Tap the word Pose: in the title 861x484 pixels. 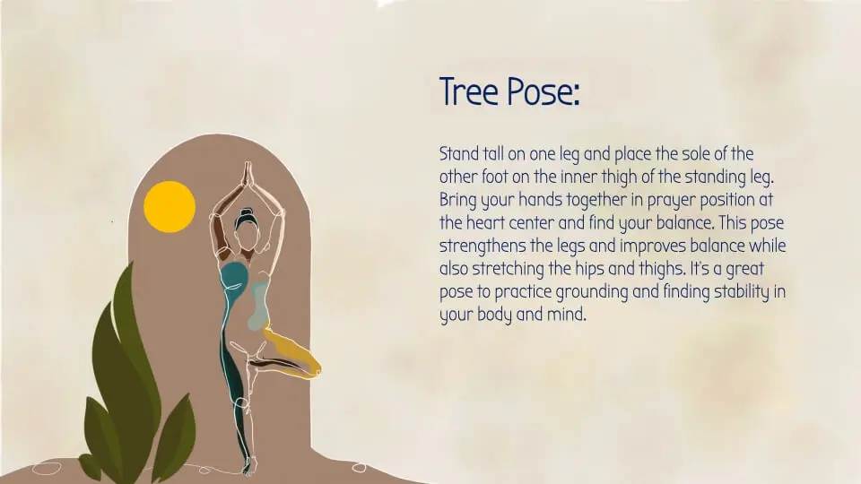click(540, 91)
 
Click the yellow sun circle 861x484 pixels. click(170, 206)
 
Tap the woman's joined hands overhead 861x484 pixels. click(248, 174)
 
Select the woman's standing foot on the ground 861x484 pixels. click(248, 465)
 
